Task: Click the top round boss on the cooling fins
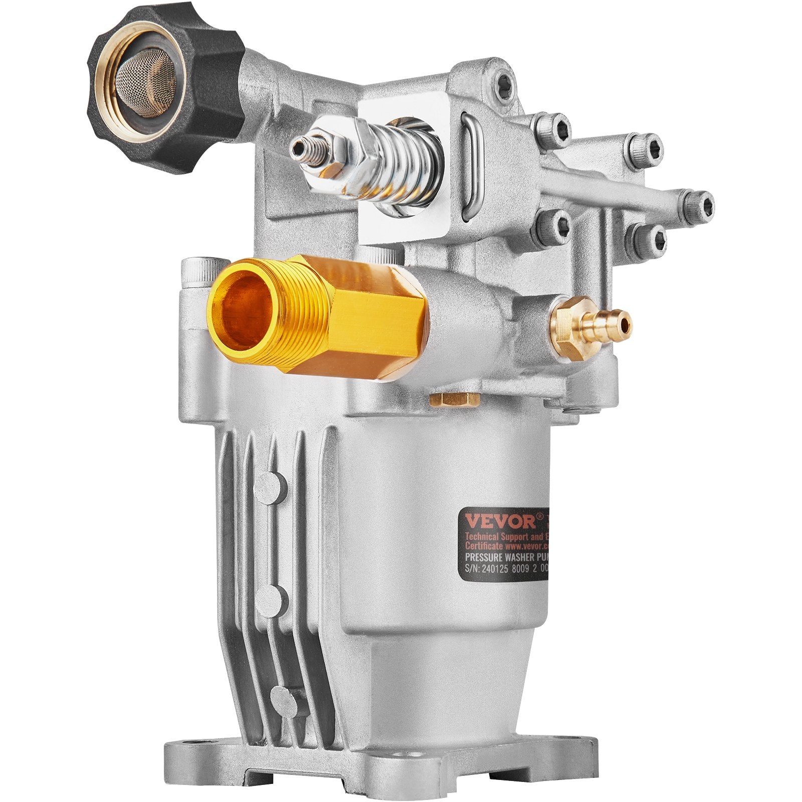click(271, 484)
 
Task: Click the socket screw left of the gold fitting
click(198, 271)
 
